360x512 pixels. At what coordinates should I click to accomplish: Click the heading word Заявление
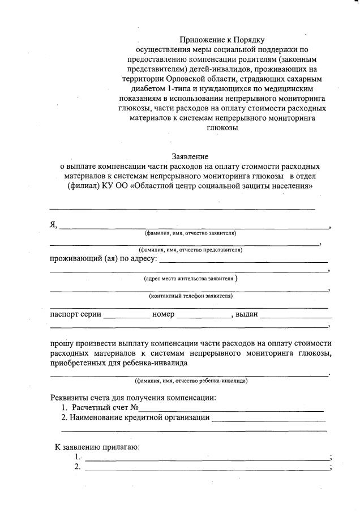[x=190, y=156]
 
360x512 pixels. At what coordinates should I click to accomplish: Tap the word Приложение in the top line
[x=203, y=39]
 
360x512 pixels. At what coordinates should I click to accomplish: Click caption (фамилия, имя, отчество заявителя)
[x=190, y=233]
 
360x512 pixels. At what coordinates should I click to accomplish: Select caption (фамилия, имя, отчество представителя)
[x=191, y=250]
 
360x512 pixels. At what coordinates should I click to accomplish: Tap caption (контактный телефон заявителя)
[x=191, y=296]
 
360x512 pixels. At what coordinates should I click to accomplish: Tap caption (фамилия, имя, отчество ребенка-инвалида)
[x=191, y=381]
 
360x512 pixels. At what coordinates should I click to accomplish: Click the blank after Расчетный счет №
[x=232, y=408]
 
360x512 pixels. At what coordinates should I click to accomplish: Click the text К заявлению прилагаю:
[x=97, y=447]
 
